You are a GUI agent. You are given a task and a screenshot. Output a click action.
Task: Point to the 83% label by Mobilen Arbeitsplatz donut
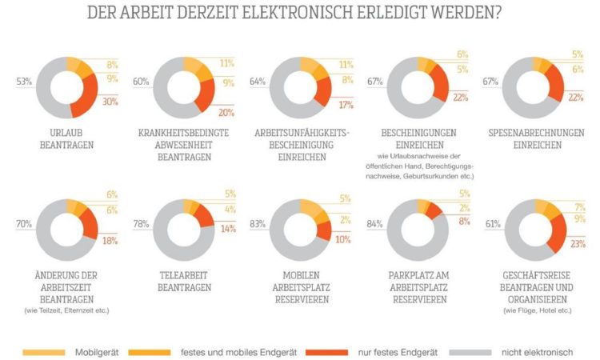click(258, 225)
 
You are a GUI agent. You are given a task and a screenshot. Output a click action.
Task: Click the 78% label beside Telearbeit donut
click(140, 225)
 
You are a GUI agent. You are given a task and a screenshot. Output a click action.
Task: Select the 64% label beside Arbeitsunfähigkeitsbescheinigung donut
click(258, 82)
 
